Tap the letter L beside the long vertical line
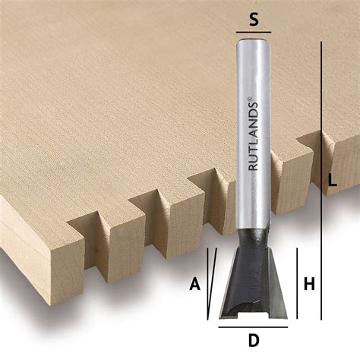click(x=332, y=181)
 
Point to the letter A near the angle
click(x=194, y=284)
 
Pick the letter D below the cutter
click(x=252, y=339)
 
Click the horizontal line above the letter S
click(x=254, y=35)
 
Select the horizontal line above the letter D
click(x=252, y=327)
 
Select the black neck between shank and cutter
click(x=252, y=242)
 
